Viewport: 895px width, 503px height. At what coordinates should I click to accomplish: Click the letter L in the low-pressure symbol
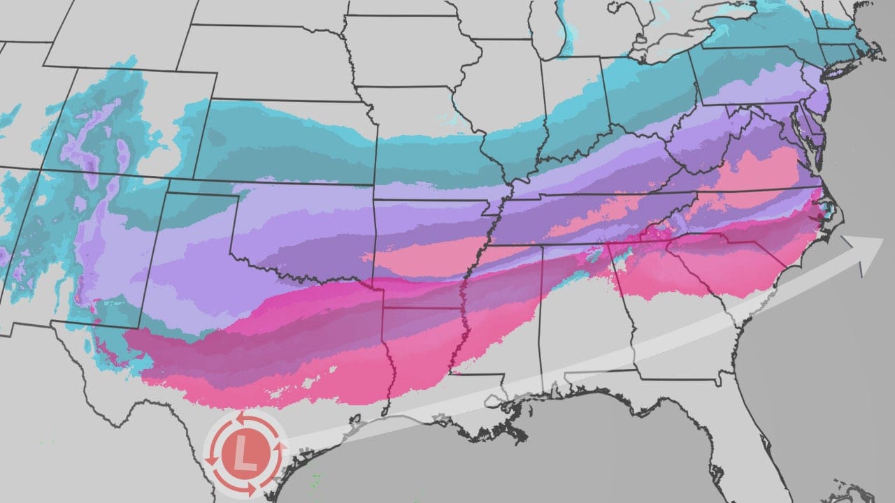click(244, 454)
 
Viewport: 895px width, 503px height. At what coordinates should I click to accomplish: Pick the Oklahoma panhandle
click(200, 189)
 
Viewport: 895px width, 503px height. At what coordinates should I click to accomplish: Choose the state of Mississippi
click(500, 314)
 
